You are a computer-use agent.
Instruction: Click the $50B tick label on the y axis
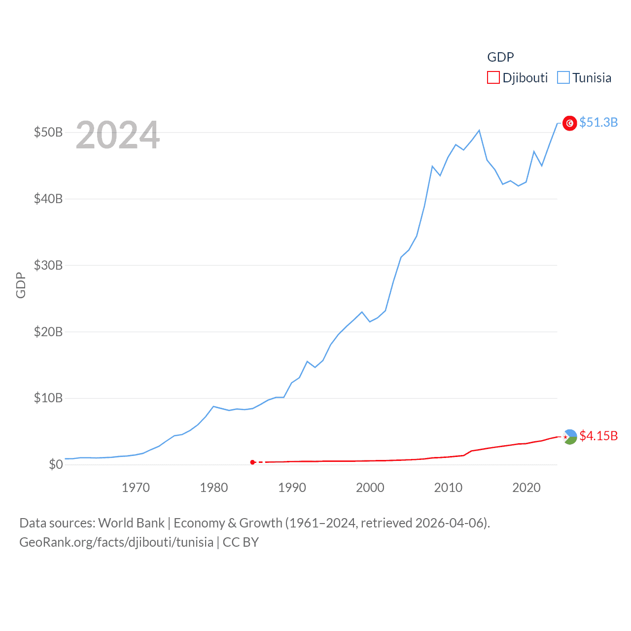[x=48, y=133]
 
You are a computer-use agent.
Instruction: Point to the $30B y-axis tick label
[x=48, y=266]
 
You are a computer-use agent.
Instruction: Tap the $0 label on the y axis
[x=55, y=465]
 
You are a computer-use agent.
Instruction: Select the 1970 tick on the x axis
[x=136, y=488]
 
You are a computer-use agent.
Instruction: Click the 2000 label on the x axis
[x=370, y=488]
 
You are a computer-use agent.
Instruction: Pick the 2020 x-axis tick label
[x=526, y=488]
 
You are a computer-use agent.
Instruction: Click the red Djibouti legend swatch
[x=493, y=78]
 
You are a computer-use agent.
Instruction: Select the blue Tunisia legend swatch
[x=563, y=78]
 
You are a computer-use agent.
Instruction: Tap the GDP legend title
[x=500, y=57]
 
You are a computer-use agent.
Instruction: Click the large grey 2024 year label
[x=118, y=135]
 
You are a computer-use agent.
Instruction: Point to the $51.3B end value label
[x=598, y=122]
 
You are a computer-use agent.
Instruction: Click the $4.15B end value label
[x=598, y=436]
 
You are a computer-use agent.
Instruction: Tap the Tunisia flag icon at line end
[x=570, y=123]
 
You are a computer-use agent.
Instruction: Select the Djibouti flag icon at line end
[x=570, y=437]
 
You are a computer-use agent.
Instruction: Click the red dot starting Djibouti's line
[x=252, y=462]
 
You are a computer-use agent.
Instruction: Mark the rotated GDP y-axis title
[x=21, y=285]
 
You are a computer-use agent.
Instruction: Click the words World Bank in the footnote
[x=131, y=523]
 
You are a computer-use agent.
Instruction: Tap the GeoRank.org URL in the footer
[x=116, y=543]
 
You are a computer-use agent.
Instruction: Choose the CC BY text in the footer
[x=241, y=543]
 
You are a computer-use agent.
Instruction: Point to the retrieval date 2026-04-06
[x=451, y=523]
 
